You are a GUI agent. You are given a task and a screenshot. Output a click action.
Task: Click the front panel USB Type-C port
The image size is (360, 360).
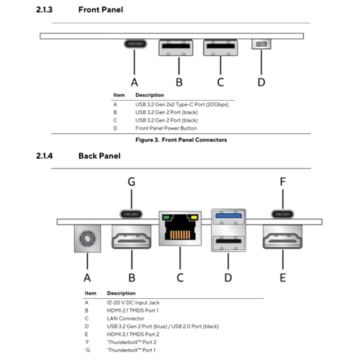pos(134,45)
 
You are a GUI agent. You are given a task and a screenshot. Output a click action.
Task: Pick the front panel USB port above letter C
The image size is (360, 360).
pos(220,49)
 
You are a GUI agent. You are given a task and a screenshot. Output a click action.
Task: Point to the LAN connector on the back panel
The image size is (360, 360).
pos(179,230)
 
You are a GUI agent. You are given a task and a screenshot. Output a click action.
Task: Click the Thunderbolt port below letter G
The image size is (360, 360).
pos(132,214)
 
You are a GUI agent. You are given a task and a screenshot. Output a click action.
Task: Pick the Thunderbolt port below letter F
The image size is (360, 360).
pos(282,214)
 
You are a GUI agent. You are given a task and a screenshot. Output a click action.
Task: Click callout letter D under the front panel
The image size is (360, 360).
pos(261,81)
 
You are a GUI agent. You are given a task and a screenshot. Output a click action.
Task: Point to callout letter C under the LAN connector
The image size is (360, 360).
pos(179,276)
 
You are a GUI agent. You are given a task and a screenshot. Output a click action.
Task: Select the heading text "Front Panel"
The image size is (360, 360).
pos(101,10)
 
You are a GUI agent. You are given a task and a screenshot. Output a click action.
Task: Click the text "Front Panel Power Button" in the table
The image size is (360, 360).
pos(166,127)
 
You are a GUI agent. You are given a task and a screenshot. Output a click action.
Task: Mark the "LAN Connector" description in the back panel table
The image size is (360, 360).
pos(125,318)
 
